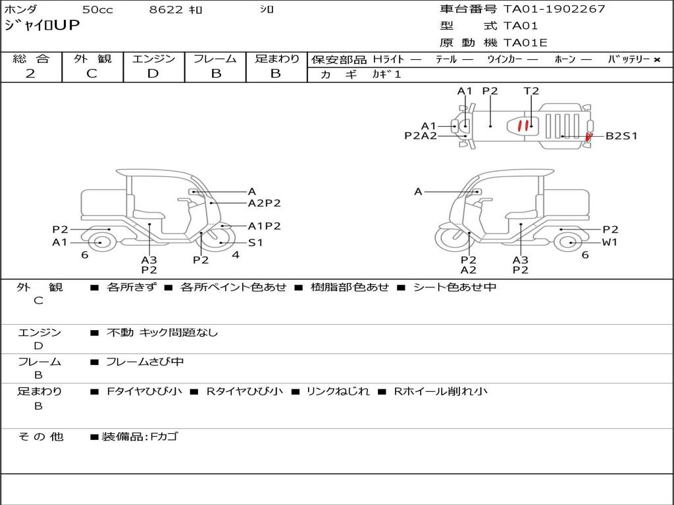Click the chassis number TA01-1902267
[554, 9]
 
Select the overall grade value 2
[30, 74]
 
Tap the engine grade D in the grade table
[153, 74]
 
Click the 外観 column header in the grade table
[92, 59]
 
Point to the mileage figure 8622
[166, 9]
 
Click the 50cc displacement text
[97, 9]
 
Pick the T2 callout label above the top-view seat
[531, 91]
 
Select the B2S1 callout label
[621, 136]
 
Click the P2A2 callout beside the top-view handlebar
[421, 135]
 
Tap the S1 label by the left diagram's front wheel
[255, 243]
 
